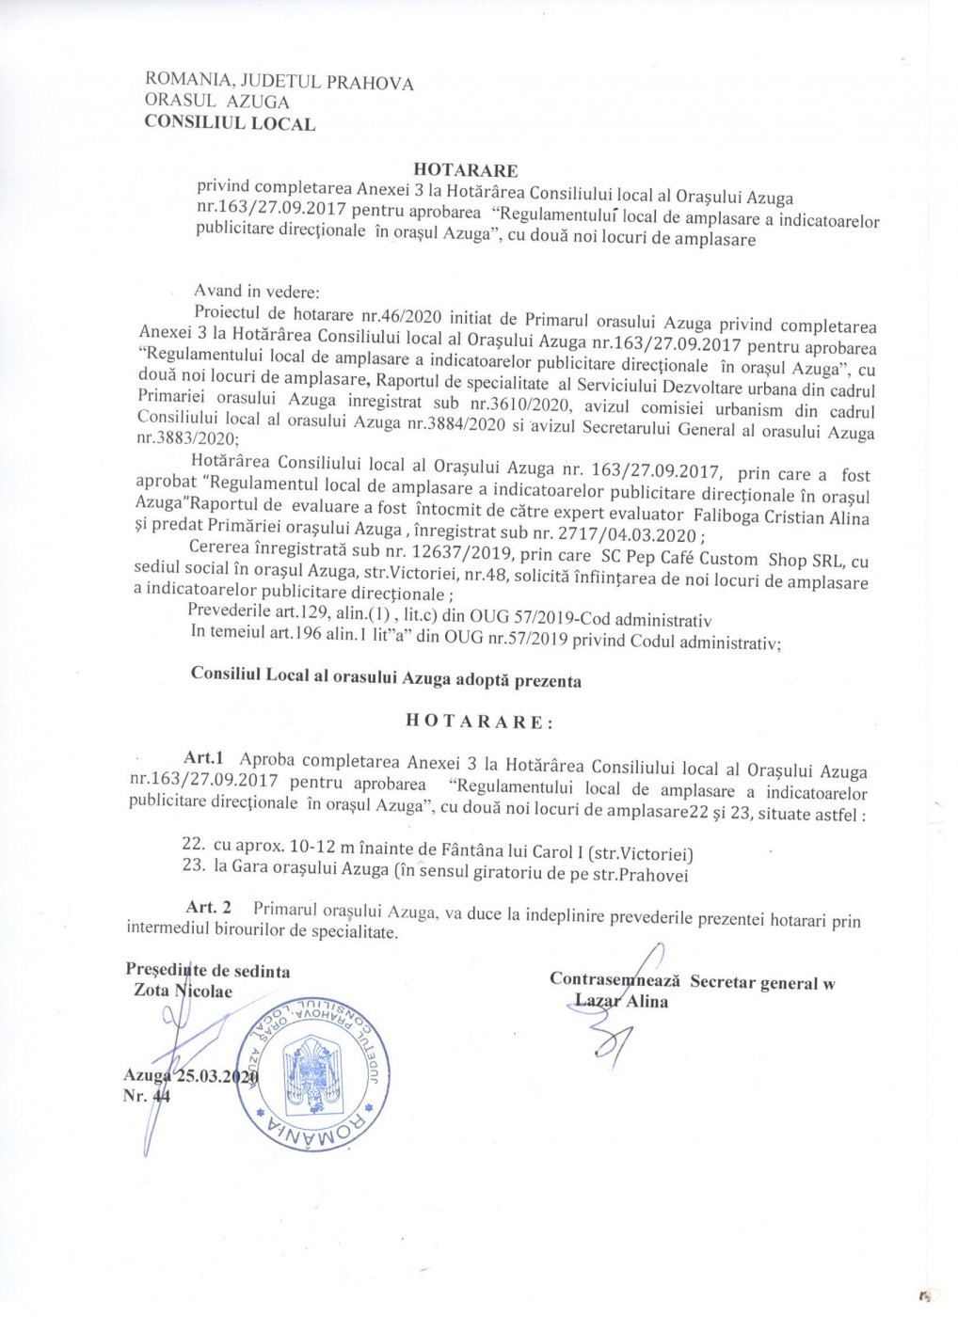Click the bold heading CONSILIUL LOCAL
230,122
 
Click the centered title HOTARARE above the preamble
466,170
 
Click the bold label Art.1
202,758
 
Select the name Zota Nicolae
183,991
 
